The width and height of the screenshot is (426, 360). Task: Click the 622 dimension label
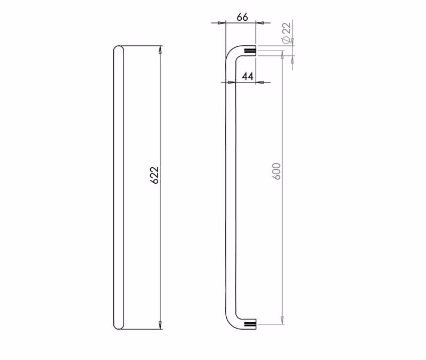pyautogui.click(x=154, y=175)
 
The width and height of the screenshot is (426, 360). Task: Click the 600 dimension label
pyautogui.click(x=276, y=171)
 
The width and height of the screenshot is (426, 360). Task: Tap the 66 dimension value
pyautogui.click(x=242, y=17)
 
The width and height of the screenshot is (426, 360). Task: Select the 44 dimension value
pyautogui.click(x=248, y=76)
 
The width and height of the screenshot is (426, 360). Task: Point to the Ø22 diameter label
pyautogui.click(x=286, y=32)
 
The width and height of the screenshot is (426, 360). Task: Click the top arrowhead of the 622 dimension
pyautogui.click(x=160, y=50)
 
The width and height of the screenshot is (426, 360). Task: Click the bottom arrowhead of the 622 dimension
pyautogui.click(x=160, y=325)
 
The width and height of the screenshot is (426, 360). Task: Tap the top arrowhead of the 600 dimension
pyautogui.click(x=283, y=54)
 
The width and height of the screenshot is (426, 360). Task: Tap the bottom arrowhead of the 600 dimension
pyautogui.click(x=283, y=321)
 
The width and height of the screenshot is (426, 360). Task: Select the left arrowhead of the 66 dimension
pyautogui.click(x=222, y=23)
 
